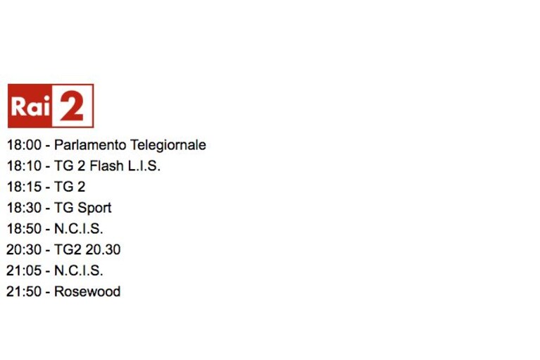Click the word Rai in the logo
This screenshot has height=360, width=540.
coord(31,106)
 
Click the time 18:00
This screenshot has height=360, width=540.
coord(24,145)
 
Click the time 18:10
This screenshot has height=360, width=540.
coord(24,166)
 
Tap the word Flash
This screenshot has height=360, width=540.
coord(106,166)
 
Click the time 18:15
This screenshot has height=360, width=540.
coord(24,187)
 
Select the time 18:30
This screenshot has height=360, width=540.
coord(24,208)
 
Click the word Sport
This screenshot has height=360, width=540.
coord(94,209)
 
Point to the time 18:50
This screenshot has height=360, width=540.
coord(24,229)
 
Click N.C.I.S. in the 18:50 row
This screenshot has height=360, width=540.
coord(79,229)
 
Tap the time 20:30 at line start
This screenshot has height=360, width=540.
coord(24,250)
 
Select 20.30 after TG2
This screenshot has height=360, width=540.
coord(103,250)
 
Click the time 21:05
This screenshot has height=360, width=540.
coord(24,271)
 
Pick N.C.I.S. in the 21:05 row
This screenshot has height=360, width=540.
coord(79,271)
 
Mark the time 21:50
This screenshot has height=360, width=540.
coord(24,292)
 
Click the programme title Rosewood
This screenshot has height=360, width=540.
coord(87,292)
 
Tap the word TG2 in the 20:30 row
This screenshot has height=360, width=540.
coord(68,250)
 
